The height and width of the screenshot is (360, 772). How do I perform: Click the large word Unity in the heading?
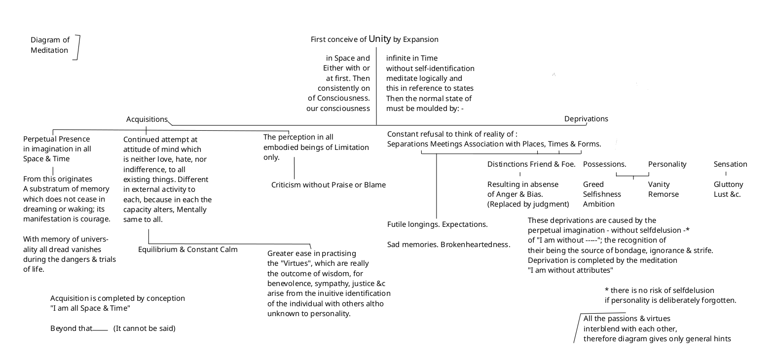point(379,38)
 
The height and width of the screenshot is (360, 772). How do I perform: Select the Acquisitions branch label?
point(147,119)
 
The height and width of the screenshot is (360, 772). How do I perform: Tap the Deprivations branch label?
point(586,119)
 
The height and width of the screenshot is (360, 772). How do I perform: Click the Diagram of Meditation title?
point(50,45)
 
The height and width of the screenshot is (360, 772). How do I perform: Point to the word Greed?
point(593,184)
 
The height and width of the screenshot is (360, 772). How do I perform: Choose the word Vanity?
point(659,184)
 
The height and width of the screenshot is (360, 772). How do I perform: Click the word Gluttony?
point(728,184)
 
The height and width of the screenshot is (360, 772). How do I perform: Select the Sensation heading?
point(730,164)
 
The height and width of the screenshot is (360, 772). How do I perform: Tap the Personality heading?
point(667,164)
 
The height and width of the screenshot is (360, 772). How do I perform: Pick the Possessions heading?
point(604,164)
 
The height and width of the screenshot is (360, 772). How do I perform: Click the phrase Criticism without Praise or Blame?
point(329,185)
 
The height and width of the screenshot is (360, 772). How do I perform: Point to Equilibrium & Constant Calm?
point(187,250)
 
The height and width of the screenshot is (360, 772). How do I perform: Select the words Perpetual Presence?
point(57,139)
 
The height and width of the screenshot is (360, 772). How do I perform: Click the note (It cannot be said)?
point(144,328)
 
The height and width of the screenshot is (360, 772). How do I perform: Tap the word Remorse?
point(663,194)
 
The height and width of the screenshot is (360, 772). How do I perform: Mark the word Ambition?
point(598,204)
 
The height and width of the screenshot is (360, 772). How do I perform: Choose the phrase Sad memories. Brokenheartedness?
point(448,245)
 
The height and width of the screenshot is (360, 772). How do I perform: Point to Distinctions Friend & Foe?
point(531,164)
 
